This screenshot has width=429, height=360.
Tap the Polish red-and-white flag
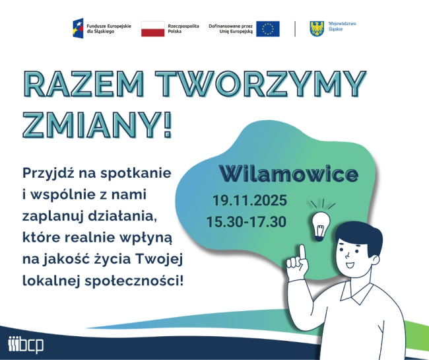(x=152, y=28)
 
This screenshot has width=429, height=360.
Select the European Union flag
(x=267, y=28)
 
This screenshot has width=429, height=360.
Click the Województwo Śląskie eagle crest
(x=317, y=28)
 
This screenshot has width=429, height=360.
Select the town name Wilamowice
(x=288, y=174)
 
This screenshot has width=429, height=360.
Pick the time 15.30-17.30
(x=246, y=221)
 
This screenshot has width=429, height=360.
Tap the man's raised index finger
(x=300, y=251)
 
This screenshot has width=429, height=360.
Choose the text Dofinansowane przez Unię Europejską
(x=230, y=28)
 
